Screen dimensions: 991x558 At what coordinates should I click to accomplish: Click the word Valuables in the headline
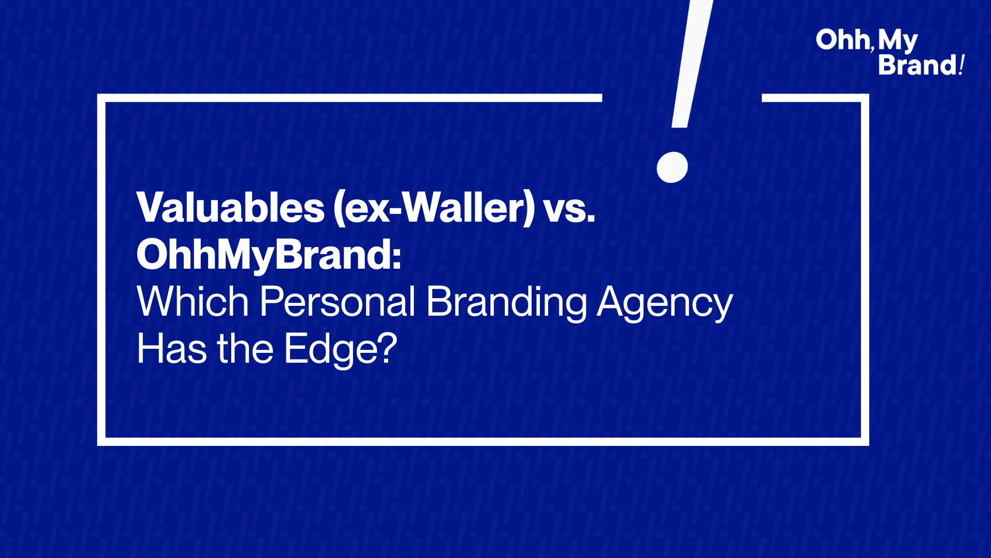pos(231,208)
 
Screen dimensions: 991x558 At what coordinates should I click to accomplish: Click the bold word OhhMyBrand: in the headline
pos(269,256)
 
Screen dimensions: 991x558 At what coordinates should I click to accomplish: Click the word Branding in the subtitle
pos(506,303)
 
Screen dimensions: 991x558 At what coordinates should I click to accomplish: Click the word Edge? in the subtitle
pos(341,350)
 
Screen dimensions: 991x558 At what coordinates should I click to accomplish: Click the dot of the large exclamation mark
pos(672,167)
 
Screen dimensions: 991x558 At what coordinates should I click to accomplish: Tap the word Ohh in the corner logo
pos(842,40)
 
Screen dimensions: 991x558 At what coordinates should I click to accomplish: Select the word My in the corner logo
pos(898,41)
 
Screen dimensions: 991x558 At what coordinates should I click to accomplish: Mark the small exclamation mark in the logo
pos(961,65)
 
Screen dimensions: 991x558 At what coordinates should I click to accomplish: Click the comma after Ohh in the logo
pos(872,49)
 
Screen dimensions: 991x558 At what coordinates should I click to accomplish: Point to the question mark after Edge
pos(387,348)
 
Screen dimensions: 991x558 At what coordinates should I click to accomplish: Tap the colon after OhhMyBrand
pos(396,257)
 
